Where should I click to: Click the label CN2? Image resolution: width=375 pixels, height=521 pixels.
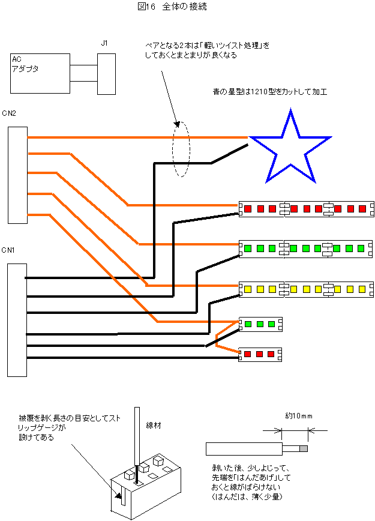pos(8,113)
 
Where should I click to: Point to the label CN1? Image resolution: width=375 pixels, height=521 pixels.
pos(8,250)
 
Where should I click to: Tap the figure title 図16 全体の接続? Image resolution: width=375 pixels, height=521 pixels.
pos(172,7)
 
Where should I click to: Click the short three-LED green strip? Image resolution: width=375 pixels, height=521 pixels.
pos(260,324)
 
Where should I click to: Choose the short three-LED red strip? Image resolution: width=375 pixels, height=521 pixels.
pos(260,354)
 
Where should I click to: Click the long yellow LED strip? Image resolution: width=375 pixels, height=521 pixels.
pos(306,289)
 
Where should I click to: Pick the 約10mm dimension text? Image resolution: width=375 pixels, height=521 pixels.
pos(299,416)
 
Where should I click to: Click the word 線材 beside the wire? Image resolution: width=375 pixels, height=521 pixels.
pos(154,426)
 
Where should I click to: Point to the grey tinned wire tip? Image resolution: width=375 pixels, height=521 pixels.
pos(304,449)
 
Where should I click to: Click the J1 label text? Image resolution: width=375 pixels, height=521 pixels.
pos(104,43)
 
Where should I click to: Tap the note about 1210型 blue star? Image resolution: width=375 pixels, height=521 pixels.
pos(270,92)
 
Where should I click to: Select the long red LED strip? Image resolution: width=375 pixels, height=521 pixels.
pos(306,209)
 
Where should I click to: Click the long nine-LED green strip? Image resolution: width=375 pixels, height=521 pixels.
pos(305,248)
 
